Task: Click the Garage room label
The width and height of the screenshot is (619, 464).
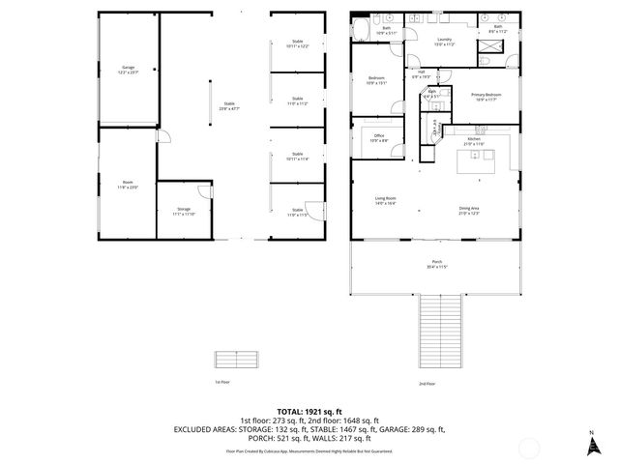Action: [x=129, y=69]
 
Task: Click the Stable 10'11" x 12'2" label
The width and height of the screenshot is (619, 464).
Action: [x=297, y=43]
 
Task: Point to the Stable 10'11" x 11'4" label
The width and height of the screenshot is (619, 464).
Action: [x=297, y=156]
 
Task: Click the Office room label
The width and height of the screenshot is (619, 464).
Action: [x=379, y=138]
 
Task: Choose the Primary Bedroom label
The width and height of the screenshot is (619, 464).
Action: [x=485, y=96]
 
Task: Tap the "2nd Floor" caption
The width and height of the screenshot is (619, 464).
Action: [x=427, y=384]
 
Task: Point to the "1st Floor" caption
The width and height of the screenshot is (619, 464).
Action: [x=221, y=383]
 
